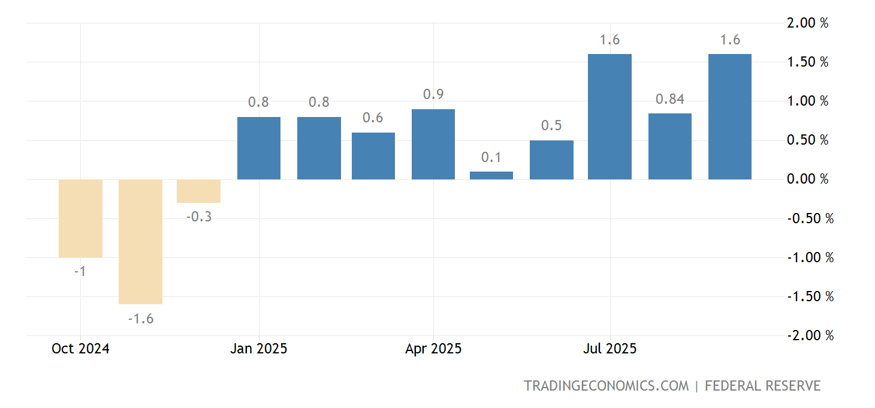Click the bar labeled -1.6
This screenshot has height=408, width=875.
(140, 242)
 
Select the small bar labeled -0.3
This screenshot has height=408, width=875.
(198, 191)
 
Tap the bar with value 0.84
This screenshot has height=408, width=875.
(670, 146)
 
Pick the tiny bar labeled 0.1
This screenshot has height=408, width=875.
(491, 176)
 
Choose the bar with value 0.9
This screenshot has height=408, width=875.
(433, 145)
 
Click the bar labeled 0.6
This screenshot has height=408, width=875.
(373, 156)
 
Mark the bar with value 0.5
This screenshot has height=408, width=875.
(551, 160)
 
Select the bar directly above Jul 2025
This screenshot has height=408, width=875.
(610, 117)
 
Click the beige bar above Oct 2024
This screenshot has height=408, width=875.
(80, 218)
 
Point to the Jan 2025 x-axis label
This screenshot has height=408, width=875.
(259, 349)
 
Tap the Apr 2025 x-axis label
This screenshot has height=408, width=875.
(433, 349)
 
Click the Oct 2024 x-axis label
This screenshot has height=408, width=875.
(80, 349)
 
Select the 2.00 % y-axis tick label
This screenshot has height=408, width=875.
(807, 23)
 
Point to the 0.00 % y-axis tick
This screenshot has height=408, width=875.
(807, 179)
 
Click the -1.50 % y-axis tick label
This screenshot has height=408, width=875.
(810, 296)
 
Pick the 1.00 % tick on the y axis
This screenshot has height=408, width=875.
(807, 101)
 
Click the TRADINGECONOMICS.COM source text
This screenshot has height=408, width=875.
(607, 386)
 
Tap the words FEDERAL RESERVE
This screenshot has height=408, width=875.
(762, 386)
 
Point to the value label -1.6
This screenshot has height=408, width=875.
(140, 319)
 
